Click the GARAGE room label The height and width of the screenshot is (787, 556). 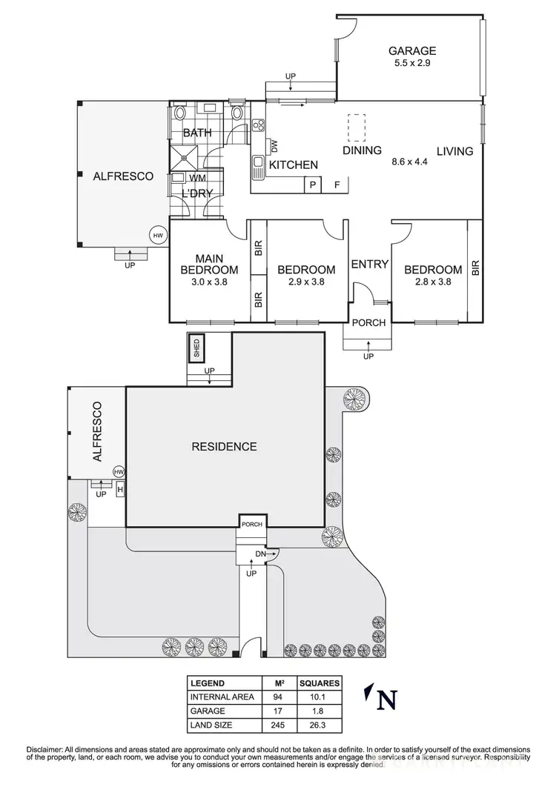tap(412, 51)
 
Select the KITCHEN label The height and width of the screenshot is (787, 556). tap(293, 165)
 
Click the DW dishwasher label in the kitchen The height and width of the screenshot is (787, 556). tap(273, 145)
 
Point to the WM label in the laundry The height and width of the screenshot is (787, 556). tap(198, 178)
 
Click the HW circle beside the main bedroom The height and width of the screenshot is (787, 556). tap(157, 236)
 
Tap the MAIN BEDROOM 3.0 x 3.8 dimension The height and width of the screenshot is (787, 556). tap(210, 282)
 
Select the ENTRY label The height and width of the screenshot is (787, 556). tap(369, 264)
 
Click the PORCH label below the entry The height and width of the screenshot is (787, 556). tap(368, 322)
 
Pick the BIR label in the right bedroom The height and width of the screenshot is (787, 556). tap(475, 268)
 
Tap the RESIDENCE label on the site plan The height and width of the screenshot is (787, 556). tap(224, 446)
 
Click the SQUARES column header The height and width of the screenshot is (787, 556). tap(320, 683)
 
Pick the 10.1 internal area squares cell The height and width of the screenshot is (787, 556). tap(320, 697)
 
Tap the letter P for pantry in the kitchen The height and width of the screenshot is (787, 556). tap(313, 185)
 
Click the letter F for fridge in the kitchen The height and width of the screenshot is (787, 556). tap(337, 185)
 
